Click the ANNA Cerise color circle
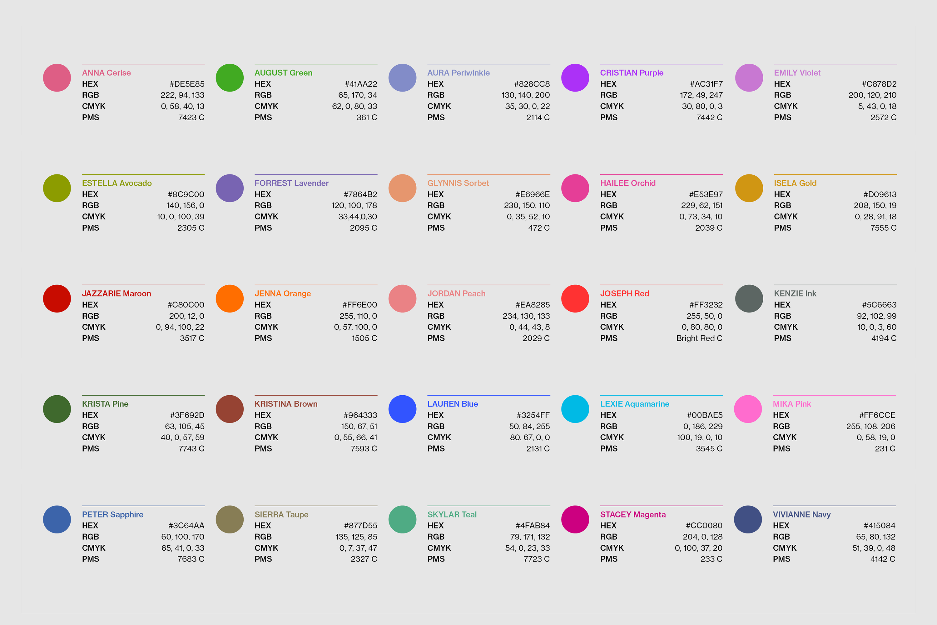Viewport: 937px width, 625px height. pos(57,78)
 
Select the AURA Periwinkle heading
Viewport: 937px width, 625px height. pos(458,73)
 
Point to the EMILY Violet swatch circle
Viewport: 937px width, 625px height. pos(749,78)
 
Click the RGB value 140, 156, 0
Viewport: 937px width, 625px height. pos(185,206)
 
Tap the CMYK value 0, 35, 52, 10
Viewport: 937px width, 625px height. pos(528,217)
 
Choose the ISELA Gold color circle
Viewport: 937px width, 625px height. pos(749,188)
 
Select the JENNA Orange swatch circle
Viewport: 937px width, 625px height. pos(230,298)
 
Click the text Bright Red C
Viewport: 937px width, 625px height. pos(699,338)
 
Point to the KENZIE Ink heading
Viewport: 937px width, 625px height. pos(795,294)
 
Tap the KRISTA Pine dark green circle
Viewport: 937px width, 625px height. pos(57,409)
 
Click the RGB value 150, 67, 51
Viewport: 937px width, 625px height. pos(359,427)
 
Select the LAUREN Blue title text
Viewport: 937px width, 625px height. pos(452,404)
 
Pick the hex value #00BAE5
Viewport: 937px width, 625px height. pos(704,415)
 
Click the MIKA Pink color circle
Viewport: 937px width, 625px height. pos(748,409)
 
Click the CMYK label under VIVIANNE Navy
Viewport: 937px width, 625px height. pos(784,548)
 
